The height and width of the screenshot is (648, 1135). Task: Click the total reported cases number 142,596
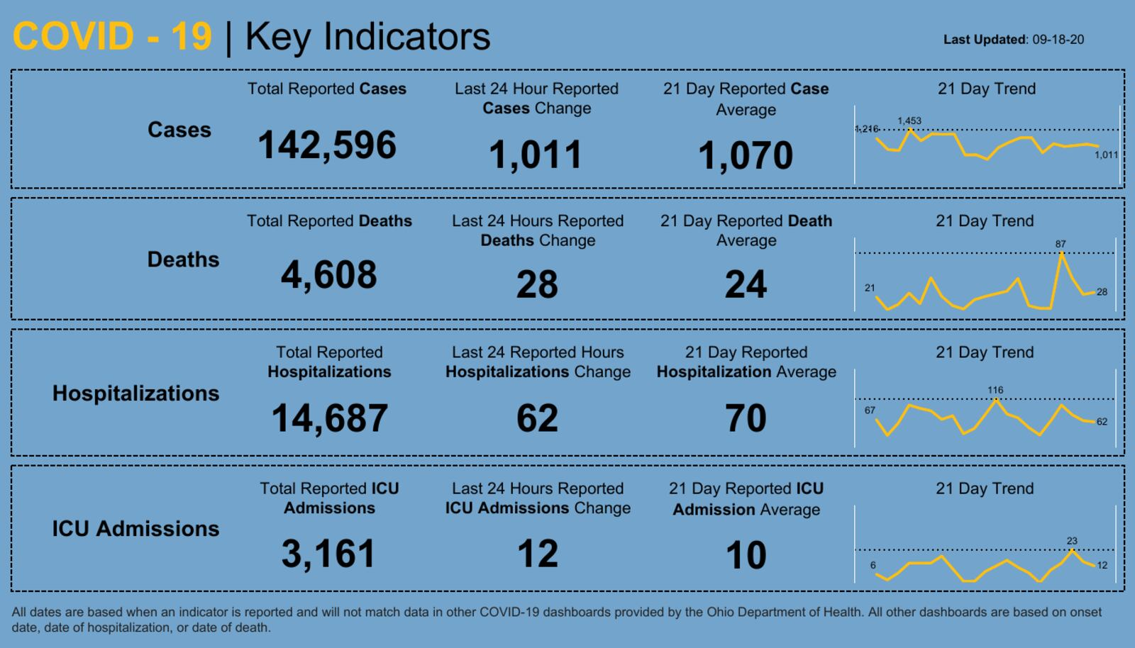pos(327,145)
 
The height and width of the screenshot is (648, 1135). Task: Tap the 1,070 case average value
pos(746,155)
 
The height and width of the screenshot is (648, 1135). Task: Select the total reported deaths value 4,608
pos(329,275)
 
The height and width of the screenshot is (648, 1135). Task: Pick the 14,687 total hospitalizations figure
pos(330,418)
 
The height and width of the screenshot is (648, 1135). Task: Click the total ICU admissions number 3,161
pos(328,554)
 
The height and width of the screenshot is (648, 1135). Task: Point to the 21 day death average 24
pos(746,285)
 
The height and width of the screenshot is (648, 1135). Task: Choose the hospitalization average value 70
pos(746,418)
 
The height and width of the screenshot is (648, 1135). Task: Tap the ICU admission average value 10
pos(746,555)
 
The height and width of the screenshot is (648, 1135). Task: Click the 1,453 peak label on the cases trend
pos(909,121)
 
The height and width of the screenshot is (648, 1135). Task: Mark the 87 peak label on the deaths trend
pos(1061,244)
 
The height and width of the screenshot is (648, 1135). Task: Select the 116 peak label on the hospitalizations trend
pos(995,390)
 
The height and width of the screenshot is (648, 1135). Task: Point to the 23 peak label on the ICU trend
pos(1072,541)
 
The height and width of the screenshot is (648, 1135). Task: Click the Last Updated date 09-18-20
pos(1058,40)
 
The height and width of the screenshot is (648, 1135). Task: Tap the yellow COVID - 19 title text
pos(112,37)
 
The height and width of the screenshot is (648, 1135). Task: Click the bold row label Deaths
pos(183,259)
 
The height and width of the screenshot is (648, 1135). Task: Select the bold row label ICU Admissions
pos(135,529)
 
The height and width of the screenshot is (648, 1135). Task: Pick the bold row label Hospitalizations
pos(135,393)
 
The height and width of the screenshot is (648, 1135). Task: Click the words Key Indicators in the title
pos(367,37)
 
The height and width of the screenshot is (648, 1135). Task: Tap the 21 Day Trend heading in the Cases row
pos(986,89)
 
